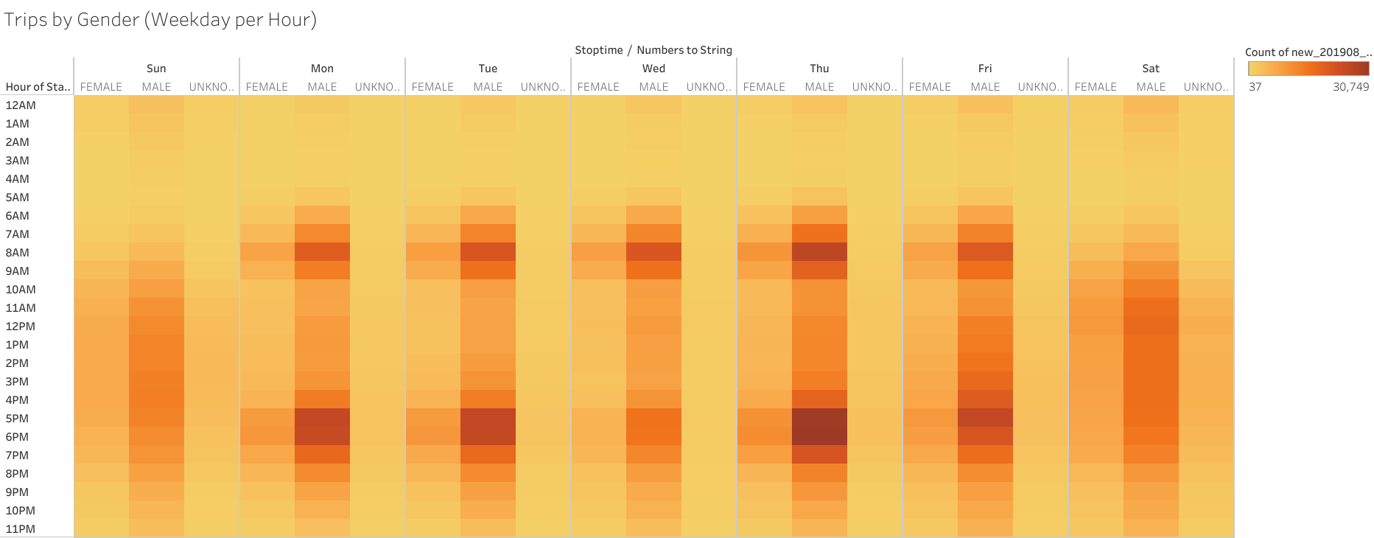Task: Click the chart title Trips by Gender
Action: tap(160, 20)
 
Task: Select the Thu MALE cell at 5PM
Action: tap(819, 418)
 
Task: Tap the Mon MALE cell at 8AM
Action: tap(322, 252)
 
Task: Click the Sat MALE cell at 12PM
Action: tap(1151, 326)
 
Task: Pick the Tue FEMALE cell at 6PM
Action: tap(432, 436)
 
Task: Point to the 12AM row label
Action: tap(21, 105)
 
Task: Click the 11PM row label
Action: tap(21, 528)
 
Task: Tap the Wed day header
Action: tap(653, 69)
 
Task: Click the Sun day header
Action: tap(156, 69)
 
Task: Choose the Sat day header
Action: tap(1151, 69)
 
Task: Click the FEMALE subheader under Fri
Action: tap(930, 87)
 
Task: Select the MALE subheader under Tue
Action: tap(488, 87)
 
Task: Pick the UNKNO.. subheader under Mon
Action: tap(376, 87)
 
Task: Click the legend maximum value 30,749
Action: tap(1350, 87)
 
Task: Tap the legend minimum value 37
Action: tap(1255, 87)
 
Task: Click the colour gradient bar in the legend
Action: tap(1308, 69)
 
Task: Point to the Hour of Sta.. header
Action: tap(38, 87)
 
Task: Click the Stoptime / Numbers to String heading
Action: tap(653, 50)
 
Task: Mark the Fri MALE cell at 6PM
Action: tap(985, 436)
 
